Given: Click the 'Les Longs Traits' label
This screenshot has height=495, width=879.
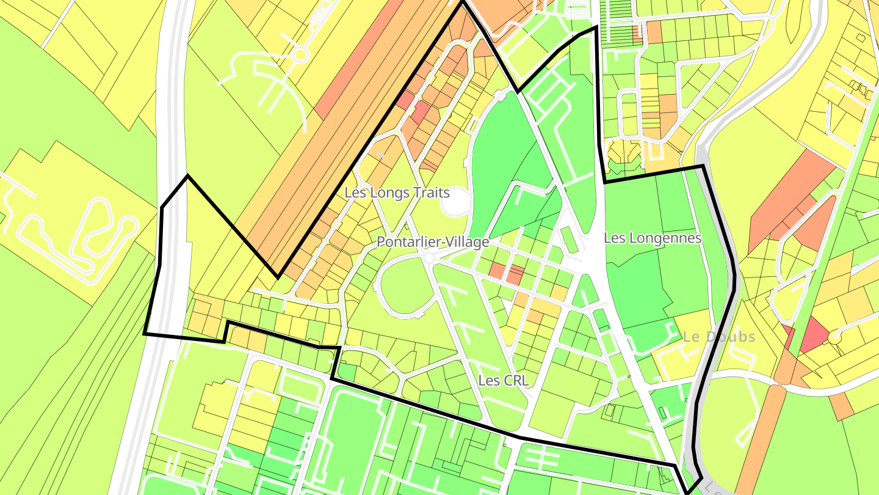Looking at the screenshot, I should [397, 193].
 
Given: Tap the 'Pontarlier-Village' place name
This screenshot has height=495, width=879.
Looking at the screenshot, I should [433, 241].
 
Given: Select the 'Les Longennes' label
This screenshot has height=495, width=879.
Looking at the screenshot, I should [653, 238].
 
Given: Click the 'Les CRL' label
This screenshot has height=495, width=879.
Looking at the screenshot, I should [503, 381].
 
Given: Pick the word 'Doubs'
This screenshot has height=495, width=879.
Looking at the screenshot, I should [729, 337].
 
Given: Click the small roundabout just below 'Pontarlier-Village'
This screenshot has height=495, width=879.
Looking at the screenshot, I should [429, 258].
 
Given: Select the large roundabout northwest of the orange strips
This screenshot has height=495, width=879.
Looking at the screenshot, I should [300, 56].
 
